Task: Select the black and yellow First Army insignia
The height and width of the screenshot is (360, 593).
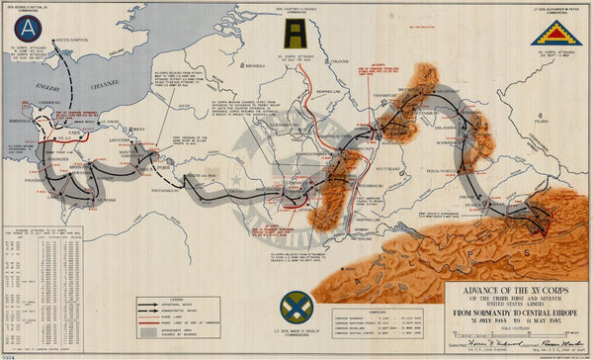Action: point(295,38)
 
